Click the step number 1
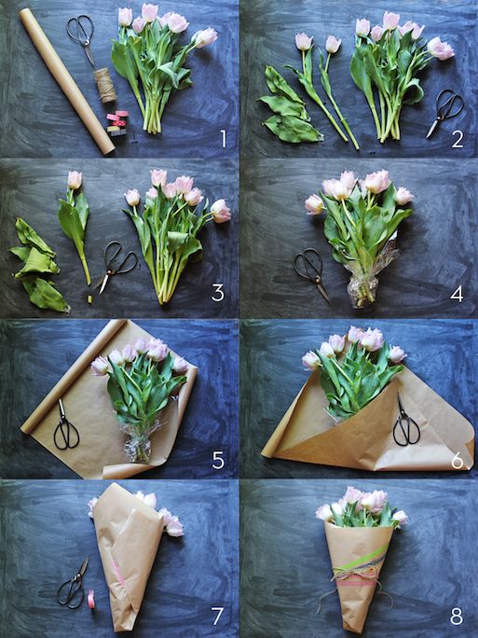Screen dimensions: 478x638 pyautogui.click(x=224, y=138)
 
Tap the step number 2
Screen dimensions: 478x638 pyautogui.click(x=458, y=139)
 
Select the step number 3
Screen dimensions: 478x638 pyautogui.click(x=218, y=293)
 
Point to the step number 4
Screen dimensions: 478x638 pyautogui.click(x=457, y=294)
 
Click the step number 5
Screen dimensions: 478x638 pyautogui.click(x=218, y=460)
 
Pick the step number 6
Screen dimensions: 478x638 pyautogui.click(x=458, y=461)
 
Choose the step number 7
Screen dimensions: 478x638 pyautogui.click(x=217, y=616)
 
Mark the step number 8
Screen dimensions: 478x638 pyautogui.click(x=457, y=617)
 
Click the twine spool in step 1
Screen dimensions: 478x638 pyautogui.click(x=105, y=85)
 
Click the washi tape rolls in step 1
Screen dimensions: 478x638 pyautogui.click(x=117, y=122)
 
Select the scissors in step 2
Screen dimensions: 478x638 pyautogui.click(x=445, y=112)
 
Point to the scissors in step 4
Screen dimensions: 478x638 pyautogui.click(x=312, y=272)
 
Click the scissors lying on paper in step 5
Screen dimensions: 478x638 pyautogui.click(x=66, y=426)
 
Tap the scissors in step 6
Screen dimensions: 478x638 pyautogui.click(x=405, y=422)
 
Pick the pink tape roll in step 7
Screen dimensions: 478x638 pyautogui.click(x=91, y=599)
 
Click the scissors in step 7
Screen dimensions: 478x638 pyautogui.click(x=74, y=584)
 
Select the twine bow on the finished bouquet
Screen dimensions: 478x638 pyautogui.click(x=354, y=574)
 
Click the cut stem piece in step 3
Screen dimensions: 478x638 pyautogui.click(x=89, y=299)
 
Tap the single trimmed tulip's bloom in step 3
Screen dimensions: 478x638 pyautogui.click(x=75, y=180)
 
